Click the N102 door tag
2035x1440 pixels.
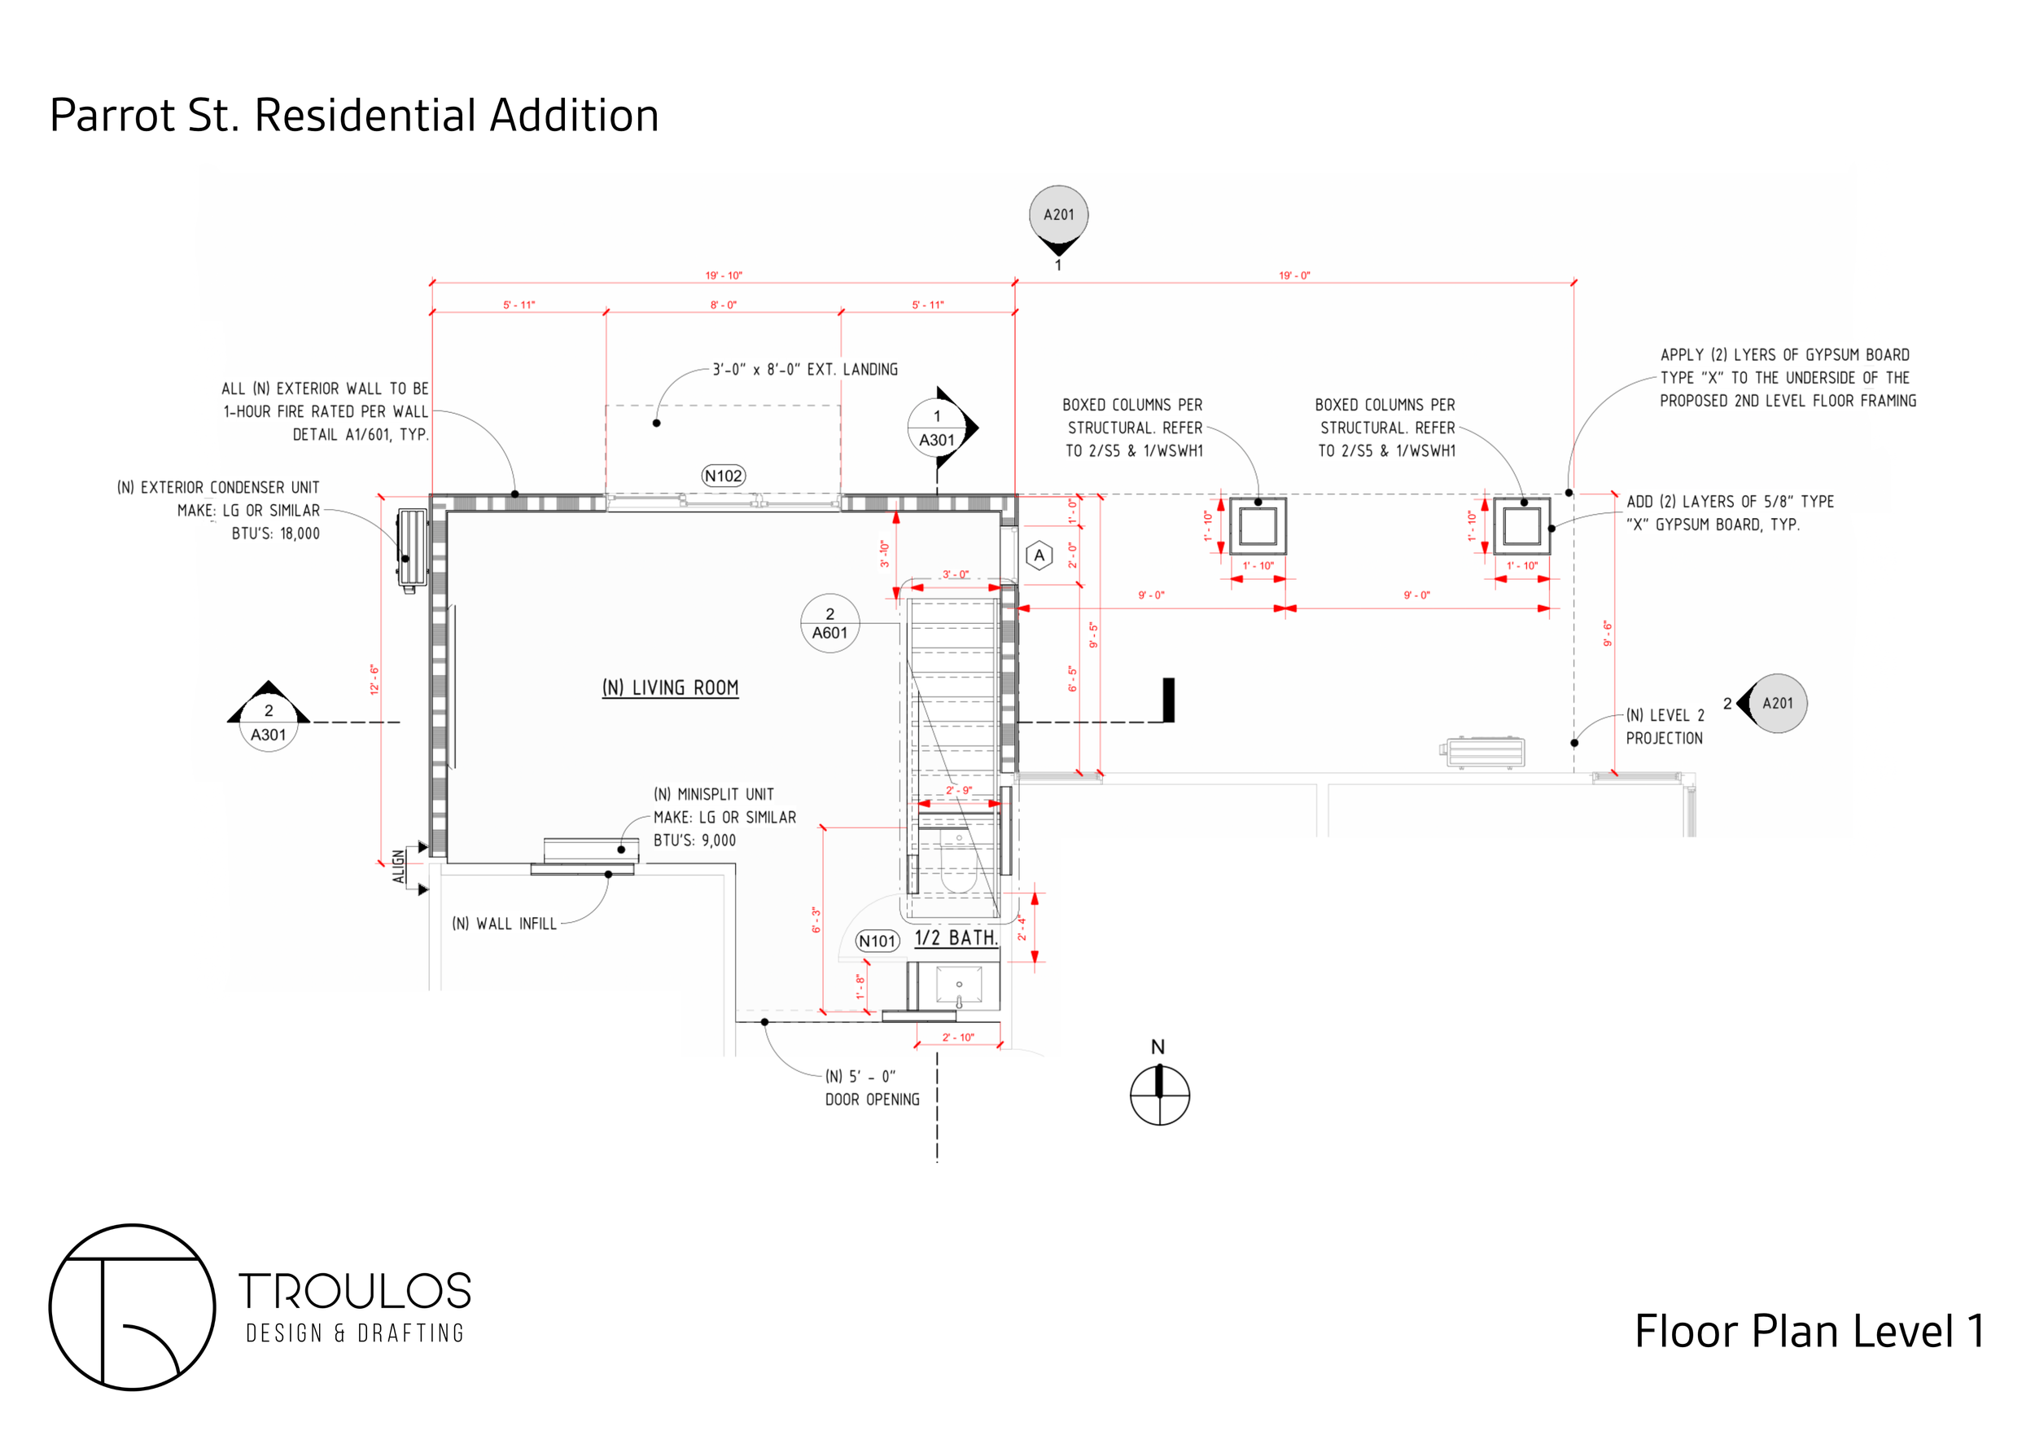pyautogui.click(x=724, y=476)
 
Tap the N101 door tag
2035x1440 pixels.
pyautogui.click(x=877, y=941)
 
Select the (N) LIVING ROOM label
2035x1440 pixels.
pyautogui.click(x=670, y=688)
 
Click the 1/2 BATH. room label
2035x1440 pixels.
pyautogui.click(x=956, y=938)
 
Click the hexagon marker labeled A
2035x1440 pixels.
pyautogui.click(x=1039, y=556)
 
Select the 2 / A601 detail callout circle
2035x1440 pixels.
pyautogui.click(x=829, y=623)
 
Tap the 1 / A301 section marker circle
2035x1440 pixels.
pyautogui.click(x=937, y=428)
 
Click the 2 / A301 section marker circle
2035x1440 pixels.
pyautogui.click(x=269, y=722)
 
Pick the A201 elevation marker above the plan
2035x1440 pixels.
pyautogui.click(x=1058, y=216)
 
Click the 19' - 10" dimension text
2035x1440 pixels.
pyautogui.click(x=724, y=276)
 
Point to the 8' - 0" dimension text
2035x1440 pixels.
pyautogui.click(x=724, y=305)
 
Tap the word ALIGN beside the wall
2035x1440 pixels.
pyautogui.click(x=399, y=867)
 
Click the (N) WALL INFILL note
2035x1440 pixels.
pyautogui.click(x=505, y=924)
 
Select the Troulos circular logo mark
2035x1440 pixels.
pyautogui.click(x=132, y=1307)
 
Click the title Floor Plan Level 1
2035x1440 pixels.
pyautogui.click(x=1809, y=1332)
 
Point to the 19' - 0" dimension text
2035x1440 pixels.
pyautogui.click(x=1294, y=276)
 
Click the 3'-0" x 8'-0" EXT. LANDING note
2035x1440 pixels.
pyautogui.click(x=805, y=370)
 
